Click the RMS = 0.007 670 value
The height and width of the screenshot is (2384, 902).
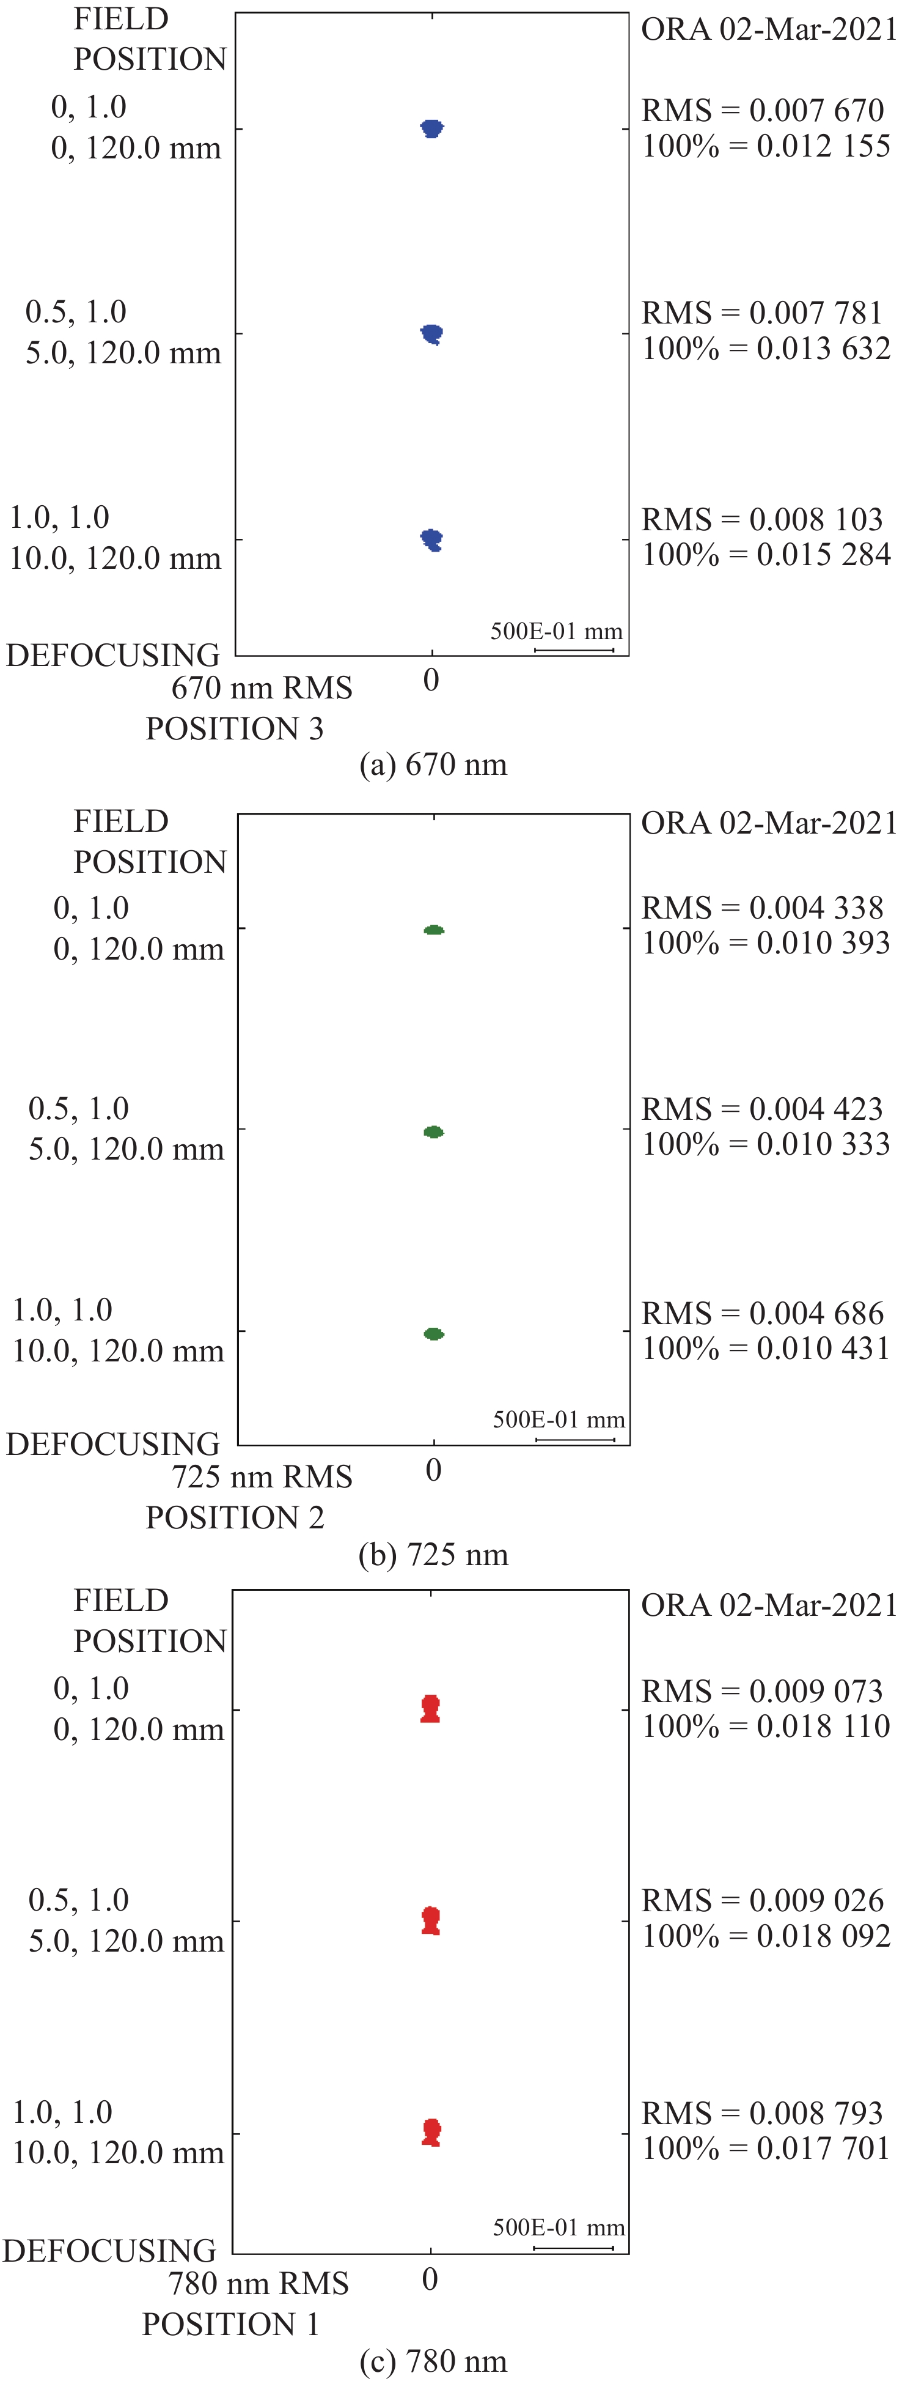click(763, 110)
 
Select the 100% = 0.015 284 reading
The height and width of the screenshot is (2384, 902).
click(766, 554)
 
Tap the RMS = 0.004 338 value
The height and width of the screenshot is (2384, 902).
click(763, 907)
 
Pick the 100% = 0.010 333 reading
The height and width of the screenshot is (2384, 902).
click(766, 1144)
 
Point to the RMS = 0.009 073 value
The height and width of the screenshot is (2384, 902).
click(763, 1691)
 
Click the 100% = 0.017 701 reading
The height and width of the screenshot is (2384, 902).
click(766, 2148)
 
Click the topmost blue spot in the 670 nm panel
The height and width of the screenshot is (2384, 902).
click(432, 128)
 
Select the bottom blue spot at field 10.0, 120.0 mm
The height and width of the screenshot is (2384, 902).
click(432, 539)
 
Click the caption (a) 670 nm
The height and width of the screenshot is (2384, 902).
click(433, 764)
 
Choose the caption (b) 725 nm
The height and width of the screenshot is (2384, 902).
click(433, 1554)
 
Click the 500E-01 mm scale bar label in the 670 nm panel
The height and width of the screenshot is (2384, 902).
click(556, 631)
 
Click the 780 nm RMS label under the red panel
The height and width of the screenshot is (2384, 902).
click(259, 2283)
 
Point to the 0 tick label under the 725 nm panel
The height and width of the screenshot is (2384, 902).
click(433, 1470)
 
